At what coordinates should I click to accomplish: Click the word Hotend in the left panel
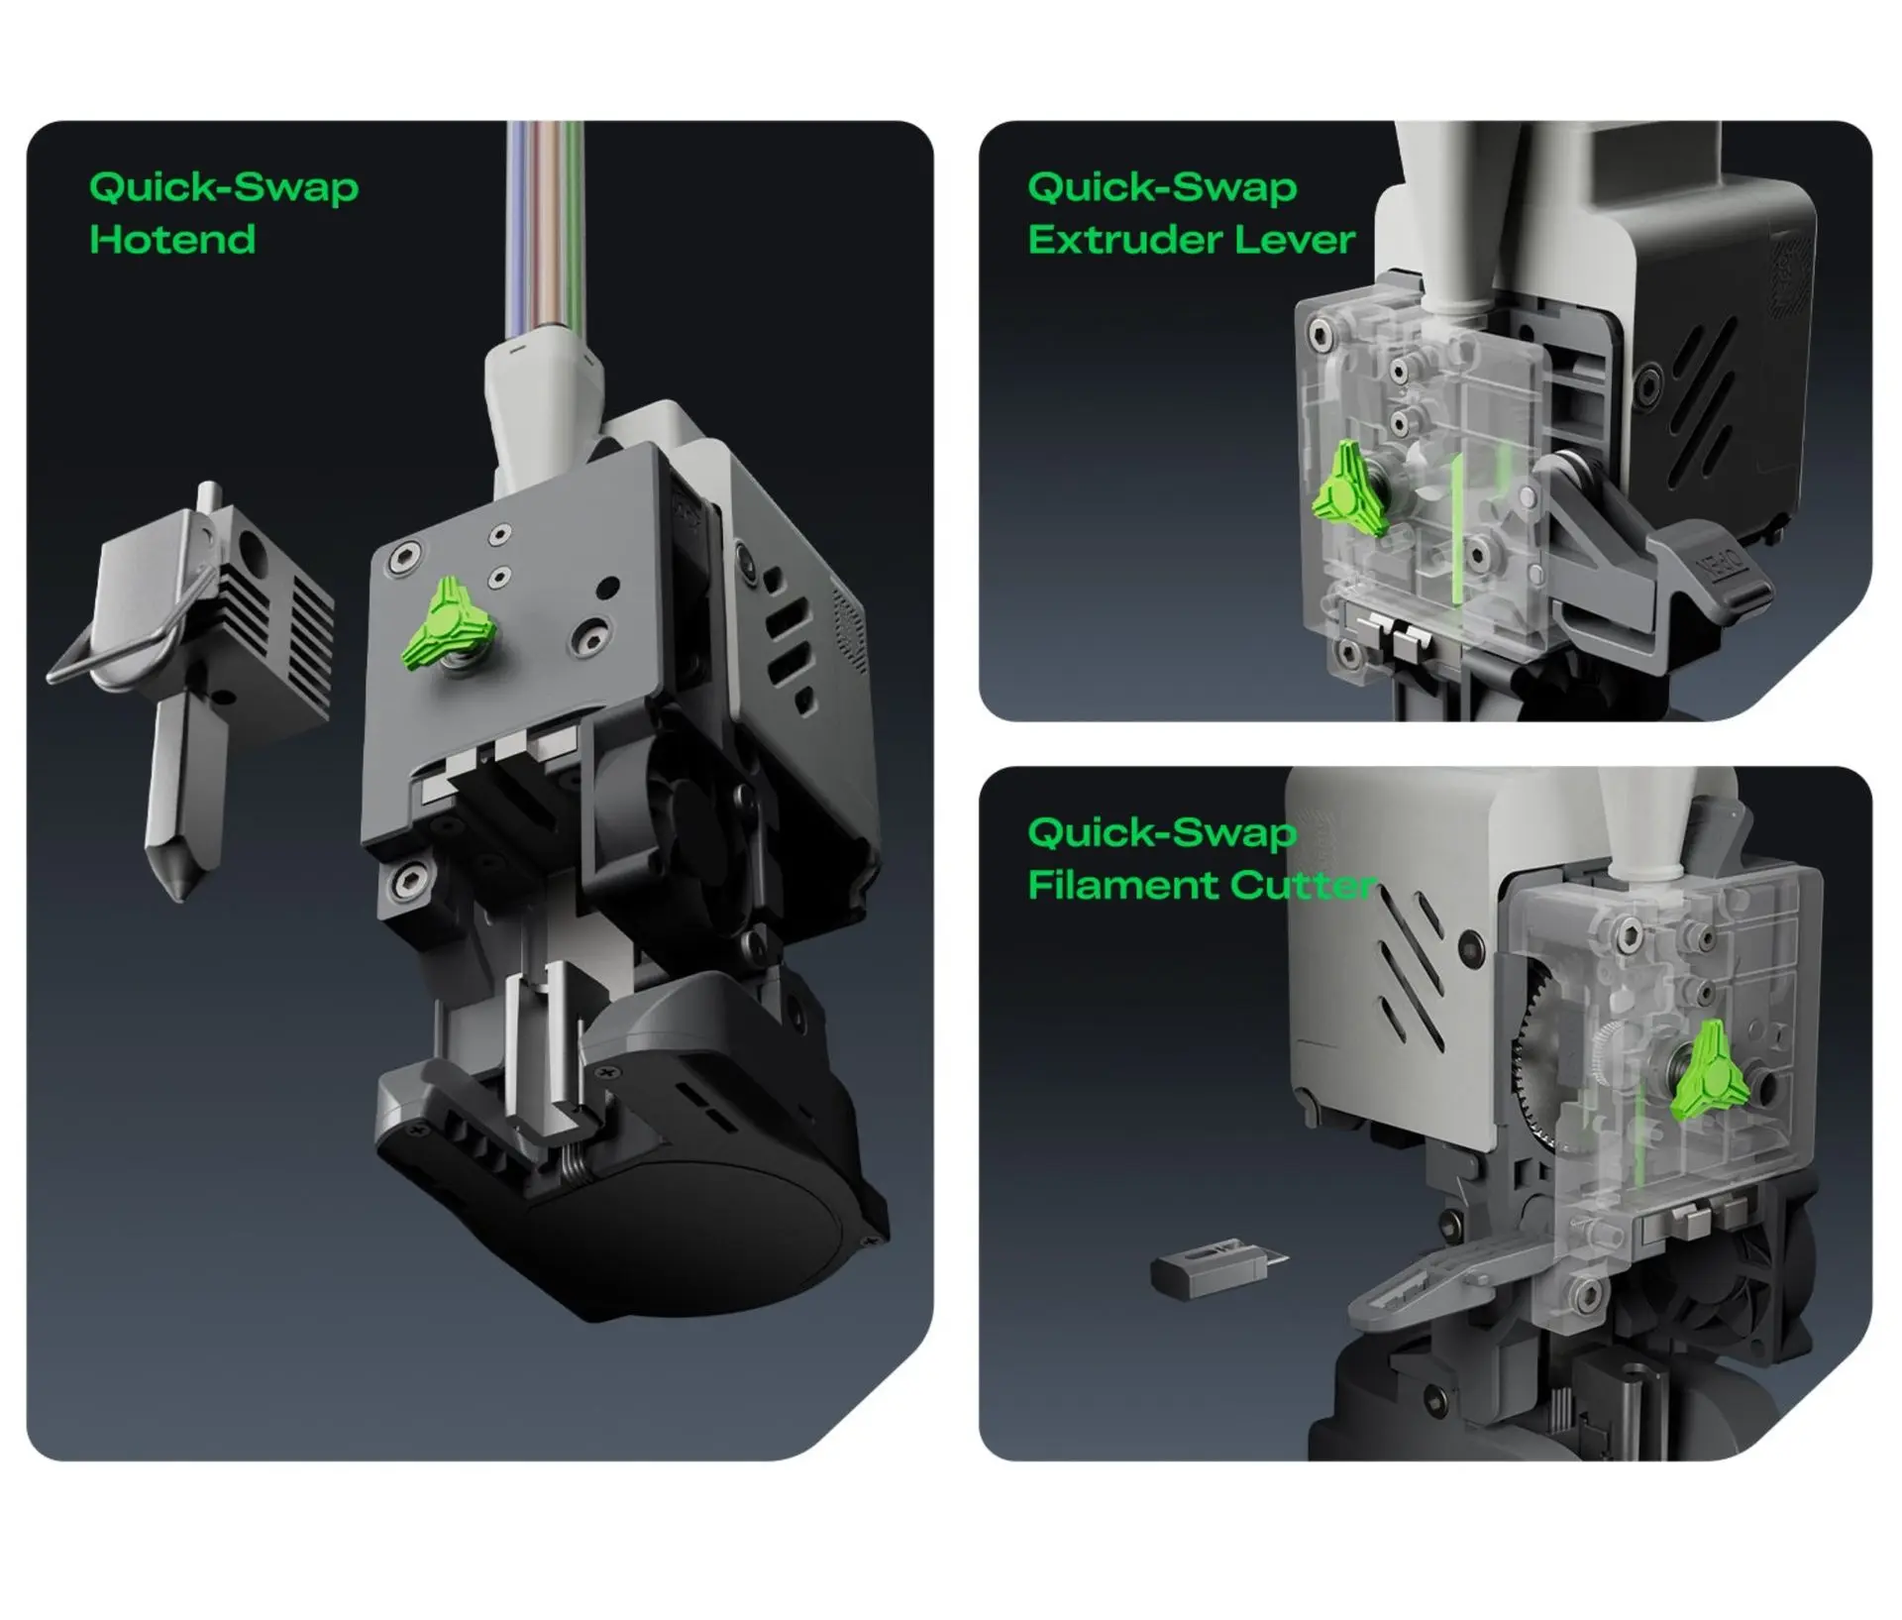point(172,240)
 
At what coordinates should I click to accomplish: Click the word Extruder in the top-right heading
point(1110,240)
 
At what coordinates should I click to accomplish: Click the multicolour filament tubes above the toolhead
point(545,228)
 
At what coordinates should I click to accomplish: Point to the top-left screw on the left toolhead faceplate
point(402,557)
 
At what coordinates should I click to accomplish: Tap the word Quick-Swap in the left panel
point(224,187)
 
